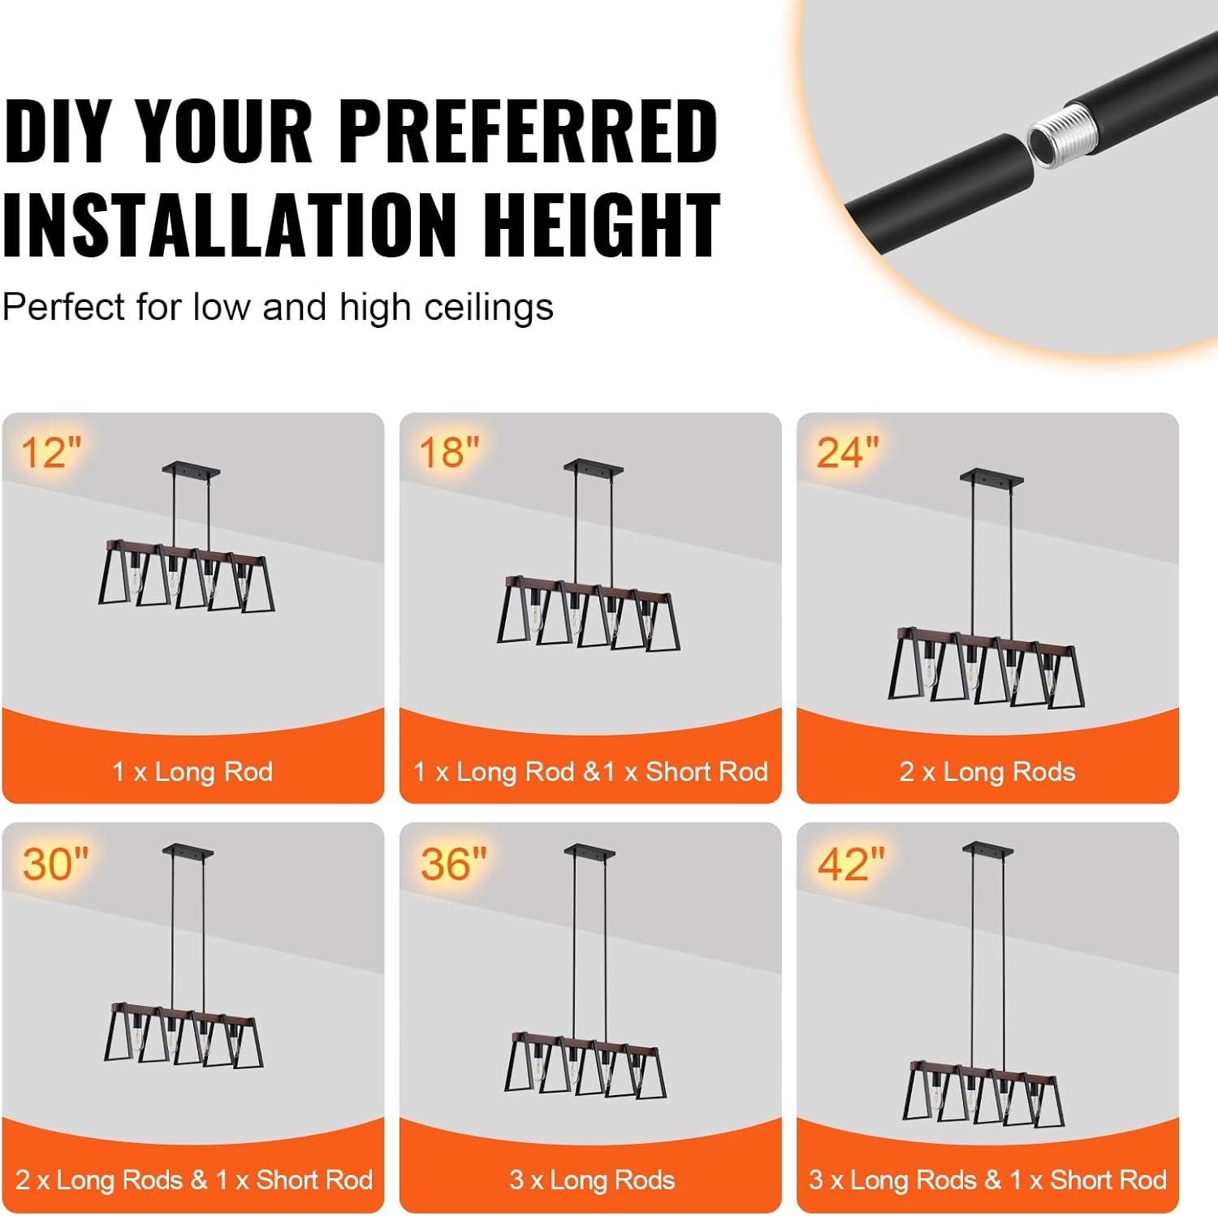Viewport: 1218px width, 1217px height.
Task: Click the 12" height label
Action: (52, 451)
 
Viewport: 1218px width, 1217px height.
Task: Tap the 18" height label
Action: (449, 451)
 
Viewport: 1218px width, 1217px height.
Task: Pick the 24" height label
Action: (848, 451)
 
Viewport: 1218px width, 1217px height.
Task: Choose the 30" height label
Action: (55, 863)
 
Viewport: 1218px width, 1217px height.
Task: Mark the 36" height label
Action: (454, 863)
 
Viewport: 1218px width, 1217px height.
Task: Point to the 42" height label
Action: (852, 863)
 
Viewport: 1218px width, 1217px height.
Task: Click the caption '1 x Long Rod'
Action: (192, 771)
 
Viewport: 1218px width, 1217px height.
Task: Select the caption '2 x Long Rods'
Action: (987, 771)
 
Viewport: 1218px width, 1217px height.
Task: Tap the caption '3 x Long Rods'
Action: (592, 1180)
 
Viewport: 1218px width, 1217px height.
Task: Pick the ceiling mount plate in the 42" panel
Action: (987, 848)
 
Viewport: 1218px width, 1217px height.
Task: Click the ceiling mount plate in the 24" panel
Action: (987, 476)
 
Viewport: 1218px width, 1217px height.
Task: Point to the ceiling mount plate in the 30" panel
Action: (188, 849)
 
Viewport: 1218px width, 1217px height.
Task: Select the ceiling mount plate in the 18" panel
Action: (593, 467)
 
